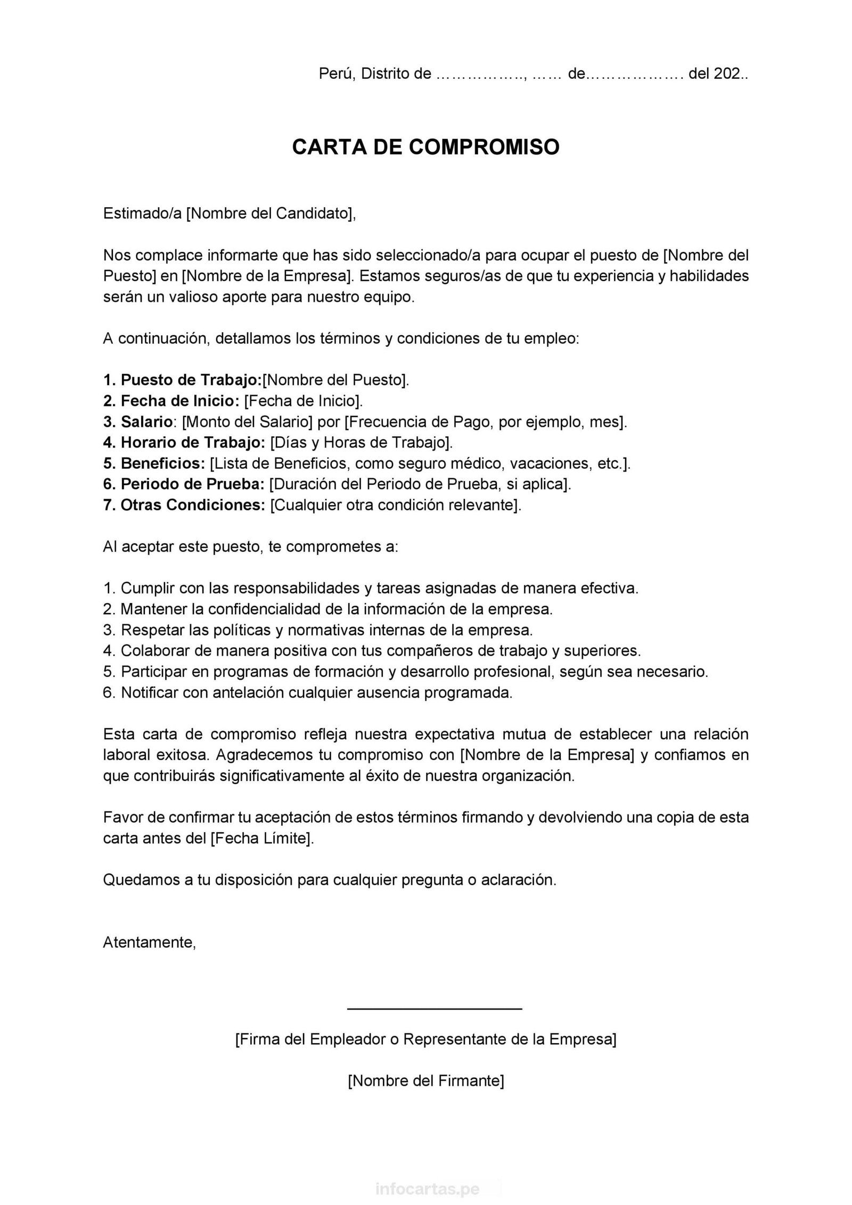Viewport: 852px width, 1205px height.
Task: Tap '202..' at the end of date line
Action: point(730,74)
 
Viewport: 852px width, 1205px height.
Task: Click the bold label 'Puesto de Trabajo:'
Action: point(191,380)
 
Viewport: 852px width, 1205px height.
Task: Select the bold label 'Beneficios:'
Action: point(162,463)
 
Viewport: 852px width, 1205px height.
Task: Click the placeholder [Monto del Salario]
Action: point(248,422)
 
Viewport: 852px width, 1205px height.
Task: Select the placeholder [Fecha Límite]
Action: point(261,838)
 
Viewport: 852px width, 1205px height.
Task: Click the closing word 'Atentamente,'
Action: point(150,942)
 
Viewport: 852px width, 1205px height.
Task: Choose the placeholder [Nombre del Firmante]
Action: point(425,1081)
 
